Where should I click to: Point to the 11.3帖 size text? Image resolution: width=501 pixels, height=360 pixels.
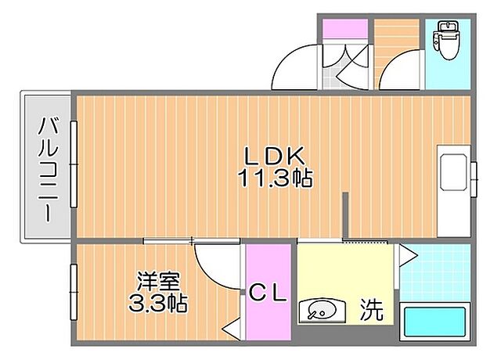(276, 178)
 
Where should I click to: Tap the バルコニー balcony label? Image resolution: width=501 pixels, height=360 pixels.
(48, 167)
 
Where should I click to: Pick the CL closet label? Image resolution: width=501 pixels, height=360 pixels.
(269, 293)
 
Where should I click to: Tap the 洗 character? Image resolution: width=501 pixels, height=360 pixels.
(372, 311)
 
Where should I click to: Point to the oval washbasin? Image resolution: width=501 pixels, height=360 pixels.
(320, 311)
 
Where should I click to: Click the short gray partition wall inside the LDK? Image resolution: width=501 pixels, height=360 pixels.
(344, 216)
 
